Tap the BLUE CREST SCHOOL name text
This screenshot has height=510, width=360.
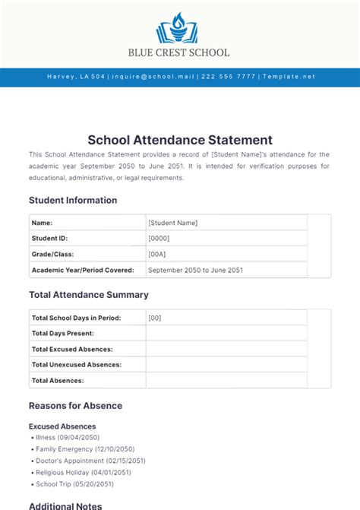point(179,53)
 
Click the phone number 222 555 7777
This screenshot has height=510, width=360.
point(229,77)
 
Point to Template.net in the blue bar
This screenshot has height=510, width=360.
point(288,77)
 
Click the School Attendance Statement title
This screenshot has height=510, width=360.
point(179,140)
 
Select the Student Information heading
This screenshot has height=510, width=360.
point(73,201)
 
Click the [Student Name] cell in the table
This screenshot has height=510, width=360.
point(173,223)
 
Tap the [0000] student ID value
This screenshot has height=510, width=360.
point(159,239)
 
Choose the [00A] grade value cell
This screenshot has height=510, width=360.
point(158,255)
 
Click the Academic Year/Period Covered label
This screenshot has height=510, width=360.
point(83,270)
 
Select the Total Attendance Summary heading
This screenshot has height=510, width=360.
point(89,295)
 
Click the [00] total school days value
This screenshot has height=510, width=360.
point(155,318)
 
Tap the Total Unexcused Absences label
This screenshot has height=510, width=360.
point(77,365)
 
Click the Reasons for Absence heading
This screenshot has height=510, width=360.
point(75,406)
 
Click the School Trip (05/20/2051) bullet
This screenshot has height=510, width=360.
point(74,483)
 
